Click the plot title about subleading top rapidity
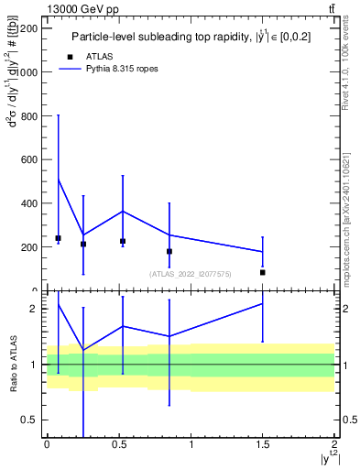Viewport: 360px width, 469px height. coord(190,37)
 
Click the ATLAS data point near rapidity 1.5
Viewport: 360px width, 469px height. coord(263,272)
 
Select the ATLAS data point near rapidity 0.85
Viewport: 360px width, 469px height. coord(169,251)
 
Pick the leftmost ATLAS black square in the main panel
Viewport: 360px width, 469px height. coord(58,238)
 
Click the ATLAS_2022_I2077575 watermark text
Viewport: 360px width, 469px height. coord(190,273)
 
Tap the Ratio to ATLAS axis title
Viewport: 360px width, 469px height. coord(12,364)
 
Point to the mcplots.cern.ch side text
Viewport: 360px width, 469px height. coord(345,220)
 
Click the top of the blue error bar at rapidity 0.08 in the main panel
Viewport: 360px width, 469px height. coord(58,115)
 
